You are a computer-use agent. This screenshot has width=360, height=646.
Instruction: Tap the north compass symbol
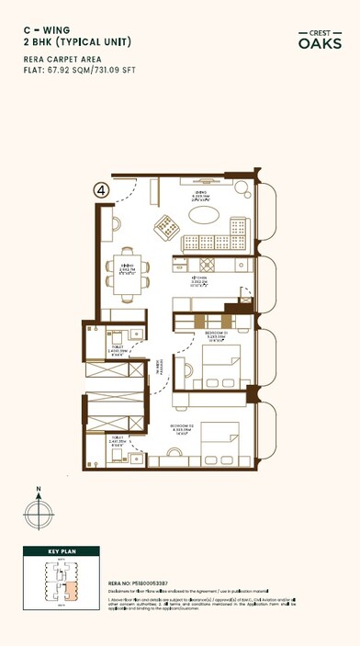point(39,511)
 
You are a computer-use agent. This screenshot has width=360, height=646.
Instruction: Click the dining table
point(127,272)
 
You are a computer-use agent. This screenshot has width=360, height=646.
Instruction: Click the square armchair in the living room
point(167,224)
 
